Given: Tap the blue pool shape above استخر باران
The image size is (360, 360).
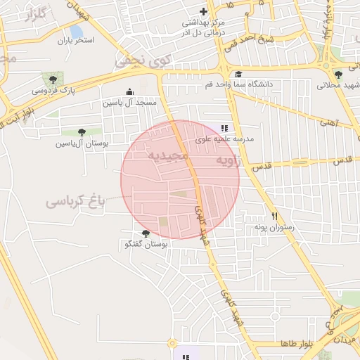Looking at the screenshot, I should tap(77, 32).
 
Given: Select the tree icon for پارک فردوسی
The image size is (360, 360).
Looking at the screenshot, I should tap(51, 79).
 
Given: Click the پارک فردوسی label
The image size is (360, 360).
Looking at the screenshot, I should tap(53, 91).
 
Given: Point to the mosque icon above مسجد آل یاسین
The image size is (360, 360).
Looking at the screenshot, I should tap(129, 91).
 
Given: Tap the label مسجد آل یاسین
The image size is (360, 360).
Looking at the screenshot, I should tap(130, 103).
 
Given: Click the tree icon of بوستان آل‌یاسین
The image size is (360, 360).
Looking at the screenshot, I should tap(82, 132).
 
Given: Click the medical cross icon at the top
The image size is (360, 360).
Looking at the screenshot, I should tap(204, 11).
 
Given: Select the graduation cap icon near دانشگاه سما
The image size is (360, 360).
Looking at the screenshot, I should tap(238, 74).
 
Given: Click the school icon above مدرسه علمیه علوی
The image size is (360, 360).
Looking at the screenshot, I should tap(224, 128).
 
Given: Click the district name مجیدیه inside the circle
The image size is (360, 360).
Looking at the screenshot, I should tap(168, 155).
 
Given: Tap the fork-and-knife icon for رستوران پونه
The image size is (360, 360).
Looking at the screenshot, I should tap(274, 217).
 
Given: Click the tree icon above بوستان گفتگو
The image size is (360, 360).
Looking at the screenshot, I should tap(146, 233).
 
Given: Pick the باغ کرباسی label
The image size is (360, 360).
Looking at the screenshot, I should tap(75, 202).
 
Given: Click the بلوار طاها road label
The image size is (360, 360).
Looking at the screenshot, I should tap(295, 344).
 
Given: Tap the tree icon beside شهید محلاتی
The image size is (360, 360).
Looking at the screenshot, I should tap(339, 75).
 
